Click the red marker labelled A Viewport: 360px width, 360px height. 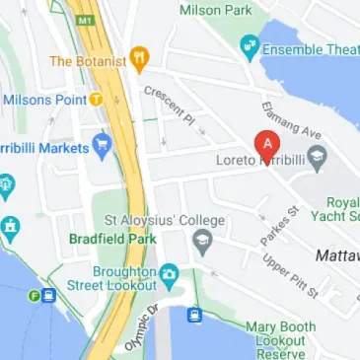[264, 143]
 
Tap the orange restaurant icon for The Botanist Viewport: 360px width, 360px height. [139, 59]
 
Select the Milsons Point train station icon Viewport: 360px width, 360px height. [96, 99]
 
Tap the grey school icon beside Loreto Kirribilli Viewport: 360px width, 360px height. [317, 157]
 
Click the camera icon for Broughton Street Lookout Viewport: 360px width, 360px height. [169, 272]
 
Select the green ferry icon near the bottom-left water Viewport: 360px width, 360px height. [35, 295]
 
